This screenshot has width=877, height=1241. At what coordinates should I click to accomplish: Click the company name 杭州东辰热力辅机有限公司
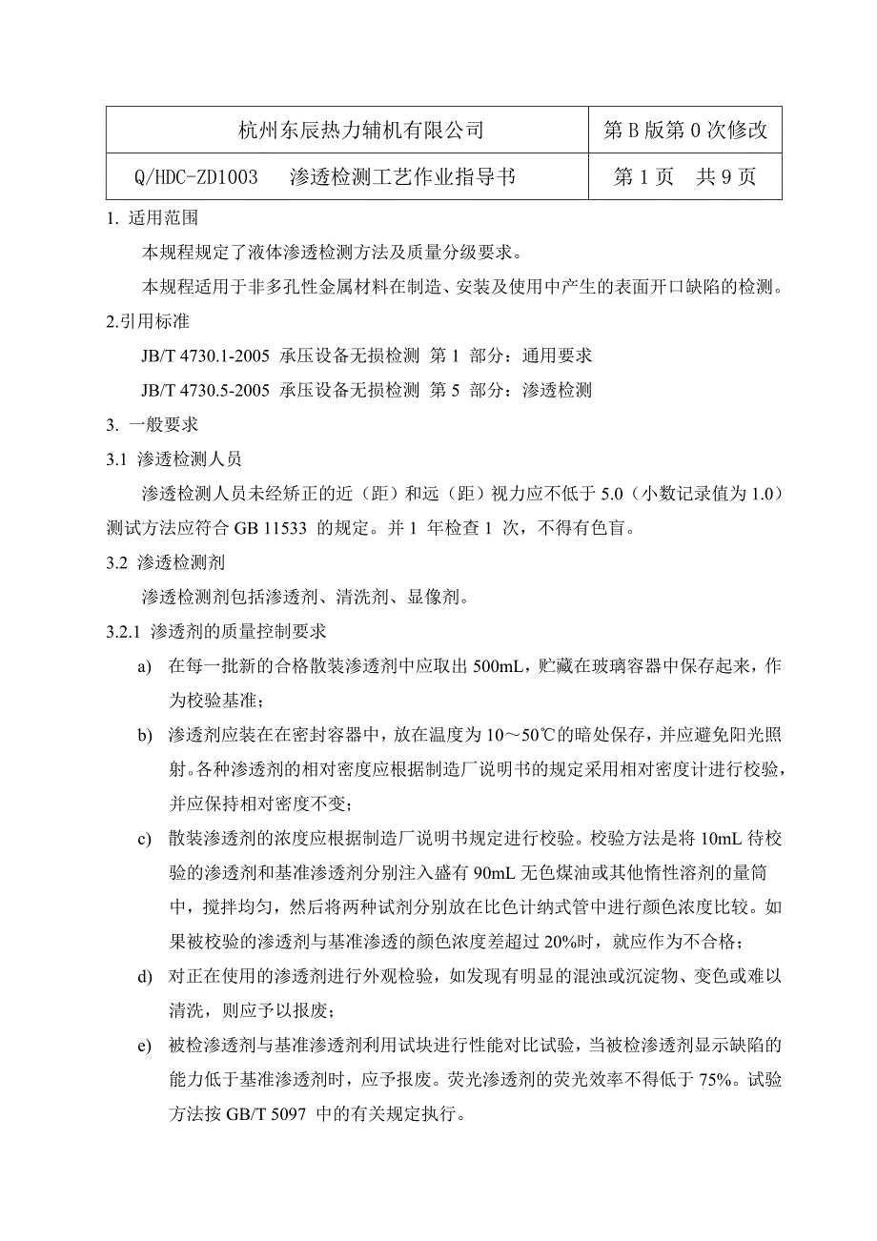360,131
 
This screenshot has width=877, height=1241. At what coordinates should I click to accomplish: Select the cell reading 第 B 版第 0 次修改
684,131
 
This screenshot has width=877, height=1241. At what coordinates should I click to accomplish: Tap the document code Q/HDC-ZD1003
197,177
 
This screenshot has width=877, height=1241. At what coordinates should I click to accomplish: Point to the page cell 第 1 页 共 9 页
684,177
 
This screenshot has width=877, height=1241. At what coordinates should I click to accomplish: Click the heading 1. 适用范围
153,218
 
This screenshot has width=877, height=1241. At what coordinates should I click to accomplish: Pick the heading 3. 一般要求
153,424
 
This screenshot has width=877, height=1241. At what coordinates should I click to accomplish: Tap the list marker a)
145,666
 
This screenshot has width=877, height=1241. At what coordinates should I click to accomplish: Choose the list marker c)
145,839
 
